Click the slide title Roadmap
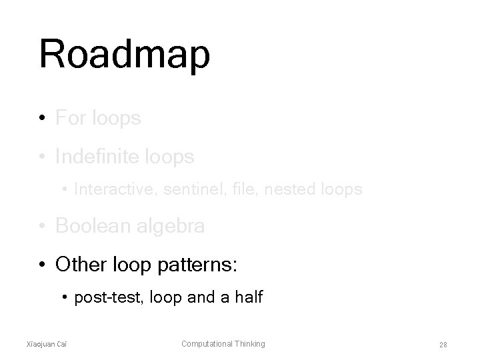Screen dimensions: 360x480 [x=125, y=55]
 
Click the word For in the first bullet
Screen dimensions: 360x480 [x=69, y=119]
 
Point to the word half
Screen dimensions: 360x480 [x=248, y=297]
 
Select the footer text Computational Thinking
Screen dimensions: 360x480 [x=223, y=344]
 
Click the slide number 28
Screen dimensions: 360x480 [x=442, y=345]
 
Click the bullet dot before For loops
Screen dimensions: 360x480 [x=42, y=119]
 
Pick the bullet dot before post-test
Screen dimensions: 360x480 [x=65, y=297]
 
